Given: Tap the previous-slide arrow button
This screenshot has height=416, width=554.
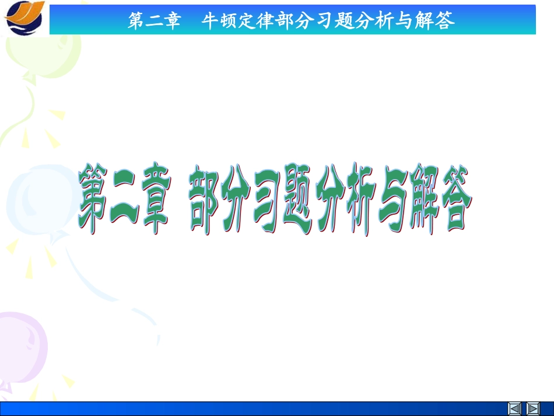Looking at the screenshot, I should pos(514,408).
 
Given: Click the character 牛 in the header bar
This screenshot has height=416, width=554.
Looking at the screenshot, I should pos(210,22).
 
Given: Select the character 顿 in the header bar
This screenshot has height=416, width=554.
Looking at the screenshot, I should pos(230,22).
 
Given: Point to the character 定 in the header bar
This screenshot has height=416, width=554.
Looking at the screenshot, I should pos(250,22).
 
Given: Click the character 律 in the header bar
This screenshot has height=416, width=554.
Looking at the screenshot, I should pos(269,22).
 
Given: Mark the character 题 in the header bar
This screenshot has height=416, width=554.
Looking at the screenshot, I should pos(348,22).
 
